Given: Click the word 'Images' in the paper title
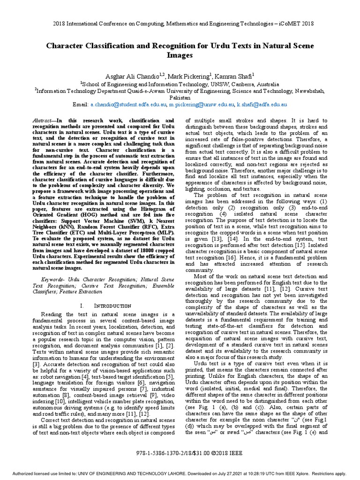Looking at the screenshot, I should pos(180,55).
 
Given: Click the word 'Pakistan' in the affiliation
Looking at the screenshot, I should pos(180,98).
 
